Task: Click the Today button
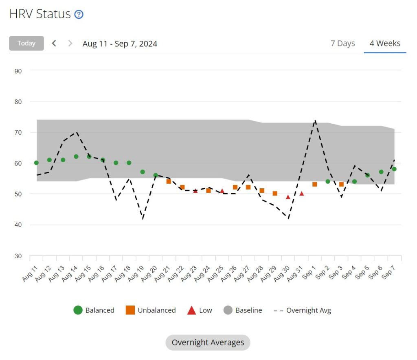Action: (26, 43)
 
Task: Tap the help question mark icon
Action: (79, 14)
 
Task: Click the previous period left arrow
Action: (54, 43)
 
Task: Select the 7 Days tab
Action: (342, 43)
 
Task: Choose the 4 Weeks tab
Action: (385, 43)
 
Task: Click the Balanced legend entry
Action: (94, 310)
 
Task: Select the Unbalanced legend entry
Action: (151, 310)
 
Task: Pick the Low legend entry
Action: (200, 310)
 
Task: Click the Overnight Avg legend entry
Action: (303, 310)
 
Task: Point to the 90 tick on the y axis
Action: (18, 71)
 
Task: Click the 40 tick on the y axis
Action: (18, 225)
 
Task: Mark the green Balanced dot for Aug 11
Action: (36, 163)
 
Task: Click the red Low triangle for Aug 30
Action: (288, 197)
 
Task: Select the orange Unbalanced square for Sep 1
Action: (315, 184)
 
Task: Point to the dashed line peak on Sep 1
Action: (315, 120)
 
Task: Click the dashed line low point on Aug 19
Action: (143, 219)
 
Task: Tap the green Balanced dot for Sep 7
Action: (394, 169)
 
